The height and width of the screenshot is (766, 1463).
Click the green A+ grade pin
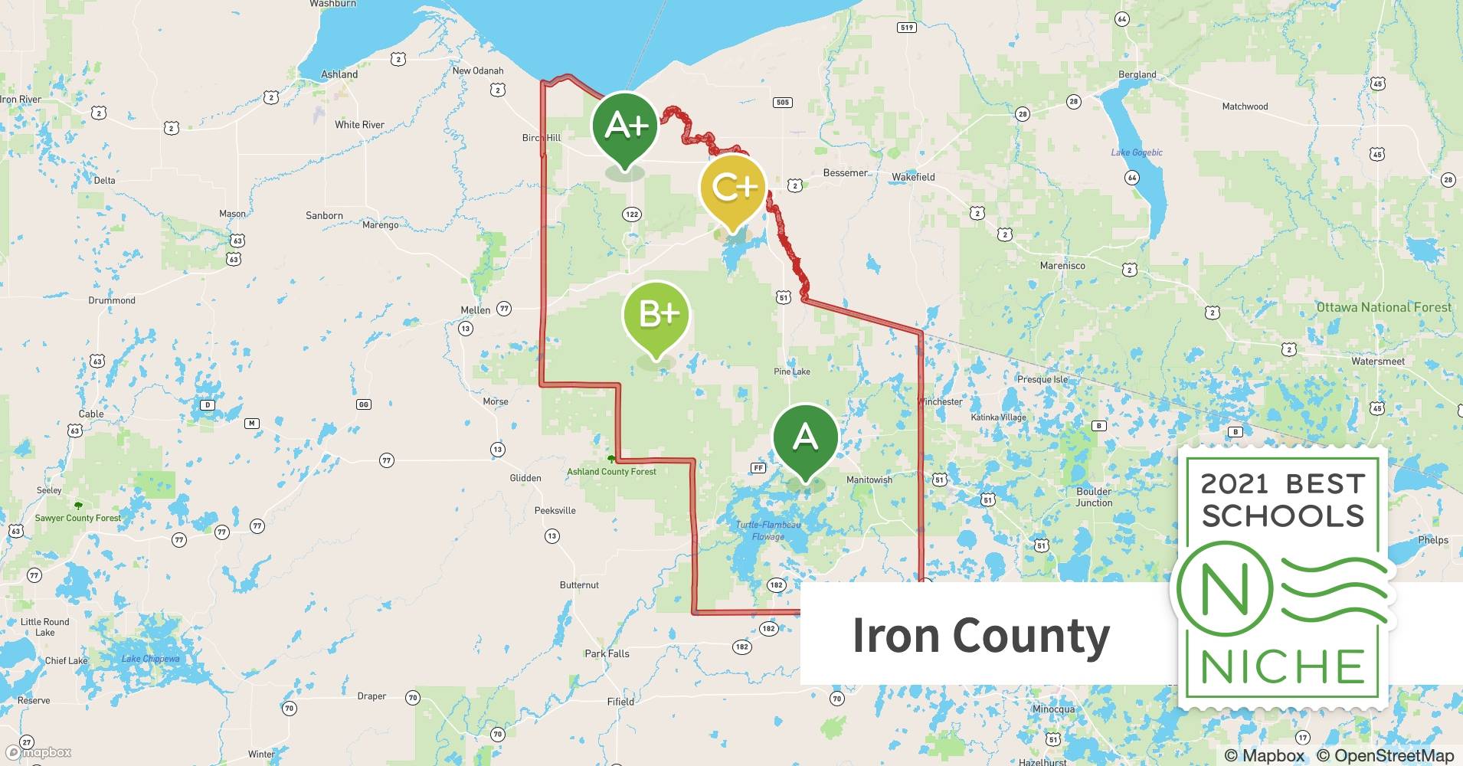coord(625,126)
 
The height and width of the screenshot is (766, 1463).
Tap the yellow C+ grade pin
coord(733,188)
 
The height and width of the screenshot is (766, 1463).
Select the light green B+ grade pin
coord(656,314)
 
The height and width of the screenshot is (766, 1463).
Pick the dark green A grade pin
coord(805,437)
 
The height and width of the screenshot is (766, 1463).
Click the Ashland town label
coord(339,74)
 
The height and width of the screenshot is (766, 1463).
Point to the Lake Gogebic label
coord(1137,152)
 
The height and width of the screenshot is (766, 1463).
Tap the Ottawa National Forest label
coord(1383,307)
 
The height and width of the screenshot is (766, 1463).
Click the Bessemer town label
coord(846,173)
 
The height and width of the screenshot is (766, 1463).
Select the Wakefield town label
coord(913,177)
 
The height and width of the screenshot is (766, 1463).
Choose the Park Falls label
coord(607,653)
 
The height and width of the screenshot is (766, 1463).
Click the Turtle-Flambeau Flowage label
coord(768,530)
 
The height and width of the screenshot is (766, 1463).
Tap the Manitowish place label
coord(869,480)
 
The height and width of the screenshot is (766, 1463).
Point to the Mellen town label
coord(475,310)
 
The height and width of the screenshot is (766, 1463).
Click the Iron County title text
coord(981,636)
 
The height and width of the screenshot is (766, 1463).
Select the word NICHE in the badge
coord(1282,666)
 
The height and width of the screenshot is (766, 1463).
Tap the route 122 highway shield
coord(632,214)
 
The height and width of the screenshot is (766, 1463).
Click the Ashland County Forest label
coord(611,472)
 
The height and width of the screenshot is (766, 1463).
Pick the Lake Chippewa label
coord(150,659)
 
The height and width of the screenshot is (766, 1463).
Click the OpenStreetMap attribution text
coord(1385,755)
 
